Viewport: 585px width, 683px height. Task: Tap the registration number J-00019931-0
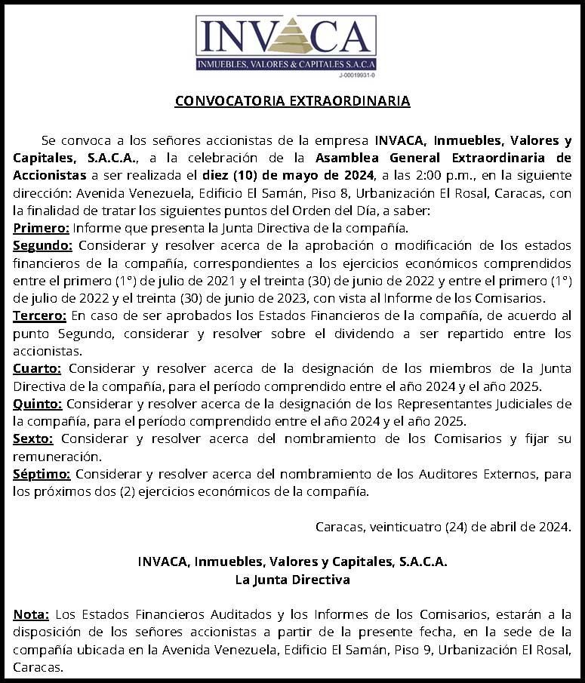pyautogui.click(x=357, y=75)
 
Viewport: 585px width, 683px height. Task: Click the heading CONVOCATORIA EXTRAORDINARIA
pyautogui.click(x=293, y=100)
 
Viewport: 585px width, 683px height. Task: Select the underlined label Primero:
pyautogui.click(x=42, y=227)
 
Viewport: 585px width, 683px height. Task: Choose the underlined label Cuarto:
pyautogui.click(x=38, y=369)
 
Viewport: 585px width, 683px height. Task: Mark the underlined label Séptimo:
pyautogui.click(x=42, y=474)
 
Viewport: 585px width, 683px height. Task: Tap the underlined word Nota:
pyautogui.click(x=32, y=614)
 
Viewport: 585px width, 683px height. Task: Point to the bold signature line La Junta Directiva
pyautogui.click(x=293, y=580)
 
